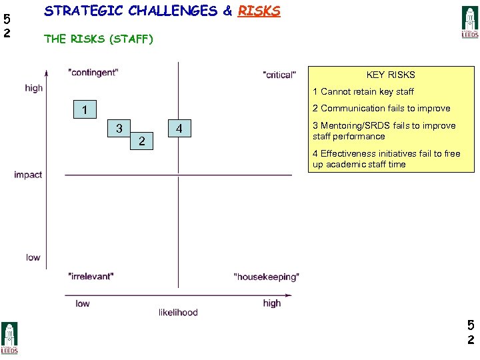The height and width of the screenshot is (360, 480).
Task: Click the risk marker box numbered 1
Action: click(85, 109)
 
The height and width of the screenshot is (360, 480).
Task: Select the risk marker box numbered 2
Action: click(141, 141)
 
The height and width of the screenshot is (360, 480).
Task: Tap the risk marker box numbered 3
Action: click(119, 128)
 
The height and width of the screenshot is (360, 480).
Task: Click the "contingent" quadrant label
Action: click(93, 73)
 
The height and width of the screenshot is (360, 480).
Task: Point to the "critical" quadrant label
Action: click(279, 75)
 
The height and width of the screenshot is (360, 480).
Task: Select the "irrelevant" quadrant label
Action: click(91, 275)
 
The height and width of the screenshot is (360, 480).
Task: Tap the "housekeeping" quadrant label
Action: click(267, 276)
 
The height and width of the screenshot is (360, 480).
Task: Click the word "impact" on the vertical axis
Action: click(28, 175)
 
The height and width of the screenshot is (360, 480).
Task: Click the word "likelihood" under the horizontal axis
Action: click(178, 312)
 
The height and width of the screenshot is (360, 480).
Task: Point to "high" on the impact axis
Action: click(34, 88)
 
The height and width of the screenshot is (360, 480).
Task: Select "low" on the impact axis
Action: click(33, 257)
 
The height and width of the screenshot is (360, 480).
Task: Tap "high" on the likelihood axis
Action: click(272, 303)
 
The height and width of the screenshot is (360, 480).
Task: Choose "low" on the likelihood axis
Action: click(83, 303)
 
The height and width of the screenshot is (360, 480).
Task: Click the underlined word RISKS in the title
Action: click(259, 11)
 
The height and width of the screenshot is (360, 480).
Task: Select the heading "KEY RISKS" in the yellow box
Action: click(391, 75)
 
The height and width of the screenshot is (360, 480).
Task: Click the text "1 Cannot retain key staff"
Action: click(363, 92)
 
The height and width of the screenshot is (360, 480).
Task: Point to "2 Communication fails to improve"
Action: click(381, 108)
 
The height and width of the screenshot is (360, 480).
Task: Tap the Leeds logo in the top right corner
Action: click(470, 22)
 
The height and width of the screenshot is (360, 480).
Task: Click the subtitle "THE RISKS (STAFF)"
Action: click(99, 39)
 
